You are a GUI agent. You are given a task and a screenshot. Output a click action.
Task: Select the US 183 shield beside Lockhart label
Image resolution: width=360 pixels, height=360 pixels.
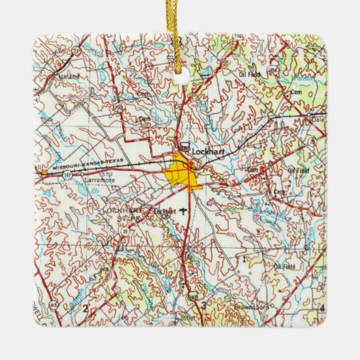(x=185, y=144)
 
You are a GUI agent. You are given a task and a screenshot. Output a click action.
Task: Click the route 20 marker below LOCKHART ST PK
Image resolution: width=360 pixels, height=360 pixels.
(x=125, y=232)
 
